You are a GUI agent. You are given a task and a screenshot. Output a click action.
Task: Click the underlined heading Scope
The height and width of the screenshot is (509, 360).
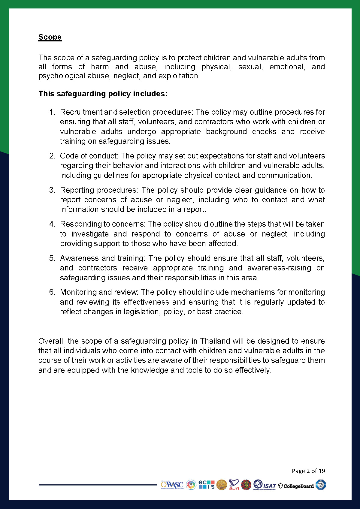(50, 37)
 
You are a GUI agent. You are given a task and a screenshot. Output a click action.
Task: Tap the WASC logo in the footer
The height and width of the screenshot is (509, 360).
(172, 485)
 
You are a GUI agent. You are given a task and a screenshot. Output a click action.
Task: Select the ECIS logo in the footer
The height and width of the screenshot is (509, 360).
(207, 484)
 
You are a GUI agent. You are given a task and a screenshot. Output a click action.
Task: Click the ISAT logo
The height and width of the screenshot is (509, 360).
(265, 485)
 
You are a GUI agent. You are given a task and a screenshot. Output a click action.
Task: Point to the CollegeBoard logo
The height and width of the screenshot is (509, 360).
(296, 486)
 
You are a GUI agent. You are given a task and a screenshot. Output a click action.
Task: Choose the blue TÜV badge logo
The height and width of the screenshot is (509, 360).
(321, 485)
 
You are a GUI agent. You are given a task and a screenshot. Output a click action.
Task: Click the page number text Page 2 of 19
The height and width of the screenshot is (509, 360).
(308, 471)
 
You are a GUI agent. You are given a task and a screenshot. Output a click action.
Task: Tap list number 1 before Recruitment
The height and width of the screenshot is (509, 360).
(52, 112)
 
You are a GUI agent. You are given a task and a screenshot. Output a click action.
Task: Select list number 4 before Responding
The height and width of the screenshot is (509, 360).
(52, 224)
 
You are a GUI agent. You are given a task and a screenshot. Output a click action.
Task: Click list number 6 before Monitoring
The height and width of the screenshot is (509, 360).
(52, 292)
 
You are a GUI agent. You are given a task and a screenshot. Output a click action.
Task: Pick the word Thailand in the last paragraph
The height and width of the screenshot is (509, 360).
(215, 341)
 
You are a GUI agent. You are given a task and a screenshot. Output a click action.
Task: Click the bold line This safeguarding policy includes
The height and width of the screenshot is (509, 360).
(103, 94)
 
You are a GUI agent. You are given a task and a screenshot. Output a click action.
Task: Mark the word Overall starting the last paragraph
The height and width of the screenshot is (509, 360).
(51, 341)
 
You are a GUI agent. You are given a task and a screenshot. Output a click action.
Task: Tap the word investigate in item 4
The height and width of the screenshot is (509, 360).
(90, 234)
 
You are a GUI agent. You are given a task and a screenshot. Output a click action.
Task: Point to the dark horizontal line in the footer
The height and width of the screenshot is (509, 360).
(98, 485)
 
